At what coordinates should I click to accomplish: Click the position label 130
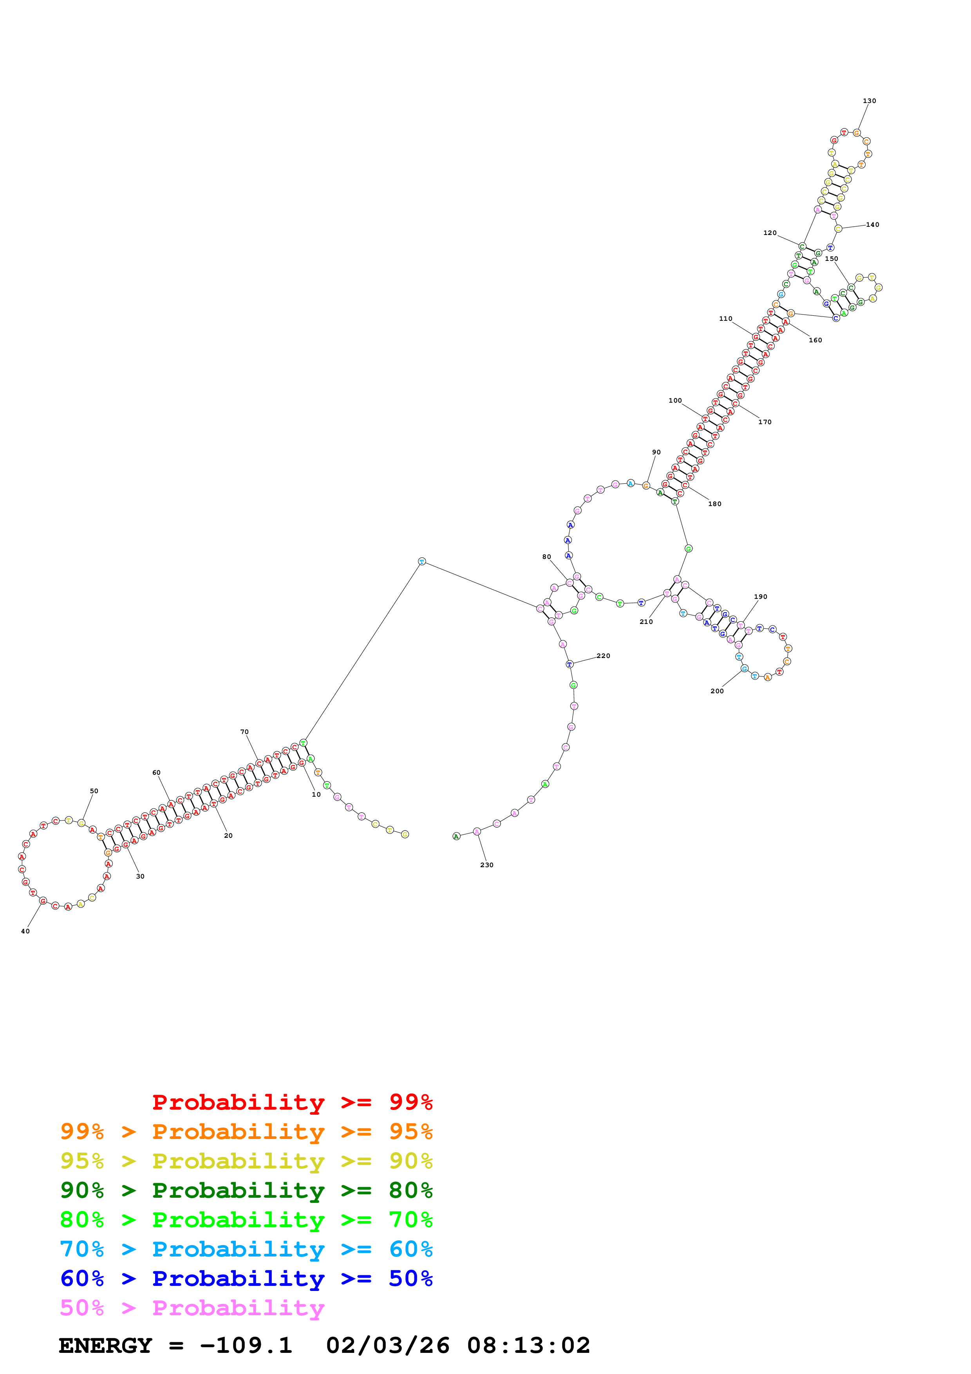click(x=869, y=101)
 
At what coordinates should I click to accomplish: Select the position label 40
click(x=25, y=931)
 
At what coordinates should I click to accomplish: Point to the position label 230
click(x=486, y=865)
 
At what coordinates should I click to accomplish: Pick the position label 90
click(x=656, y=452)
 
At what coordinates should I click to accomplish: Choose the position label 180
click(x=714, y=504)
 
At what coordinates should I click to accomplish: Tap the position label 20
click(x=228, y=835)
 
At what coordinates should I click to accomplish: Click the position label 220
click(x=603, y=656)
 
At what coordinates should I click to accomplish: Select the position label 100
click(x=675, y=400)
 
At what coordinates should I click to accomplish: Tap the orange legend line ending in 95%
click(x=246, y=1132)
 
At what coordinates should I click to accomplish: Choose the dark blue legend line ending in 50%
click(x=246, y=1279)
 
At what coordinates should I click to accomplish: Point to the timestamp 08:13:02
click(x=528, y=1346)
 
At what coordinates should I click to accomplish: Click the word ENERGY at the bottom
click(x=105, y=1346)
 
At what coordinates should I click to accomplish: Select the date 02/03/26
click(x=388, y=1346)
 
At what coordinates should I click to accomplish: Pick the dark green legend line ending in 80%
click(x=246, y=1190)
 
